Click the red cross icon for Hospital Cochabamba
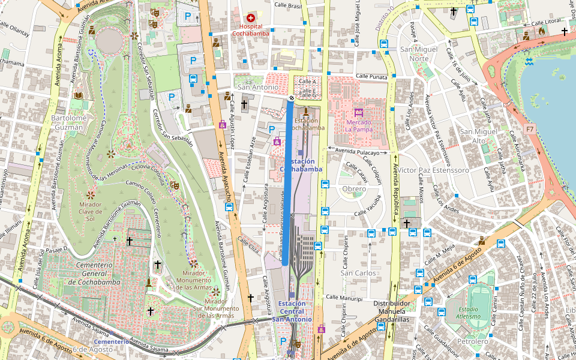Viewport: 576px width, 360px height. pyautogui.click(x=251, y=19)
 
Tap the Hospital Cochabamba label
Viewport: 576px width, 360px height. pyautogui.click(x=251, y=30)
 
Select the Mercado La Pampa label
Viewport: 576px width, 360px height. pyautogui.click(x=359, y=125)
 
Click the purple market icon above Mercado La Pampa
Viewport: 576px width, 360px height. pyautogui.click(x=359, y=112)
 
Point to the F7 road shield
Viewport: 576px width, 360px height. pyautogui.click(x=529, y=129)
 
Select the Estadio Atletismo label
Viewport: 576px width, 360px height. pyautogui.click(x=467, y=312)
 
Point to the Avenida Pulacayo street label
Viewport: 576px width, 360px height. pyautogui.click(x=358, y=152)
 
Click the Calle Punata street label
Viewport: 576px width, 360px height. pyautogui.click(x=371, y=76)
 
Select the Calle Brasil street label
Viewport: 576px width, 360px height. pyautogui.click(x=287, y=5)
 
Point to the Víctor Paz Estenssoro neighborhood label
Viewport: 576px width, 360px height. pyautogui.click(x=433, y=170)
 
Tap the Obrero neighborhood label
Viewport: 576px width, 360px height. pyautogui.click(x=353, y=189)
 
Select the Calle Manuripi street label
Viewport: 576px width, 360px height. pyautogui.click(x=344, y=298)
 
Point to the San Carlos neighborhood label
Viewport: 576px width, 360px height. pyautogui.click(x=358, y=273)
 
